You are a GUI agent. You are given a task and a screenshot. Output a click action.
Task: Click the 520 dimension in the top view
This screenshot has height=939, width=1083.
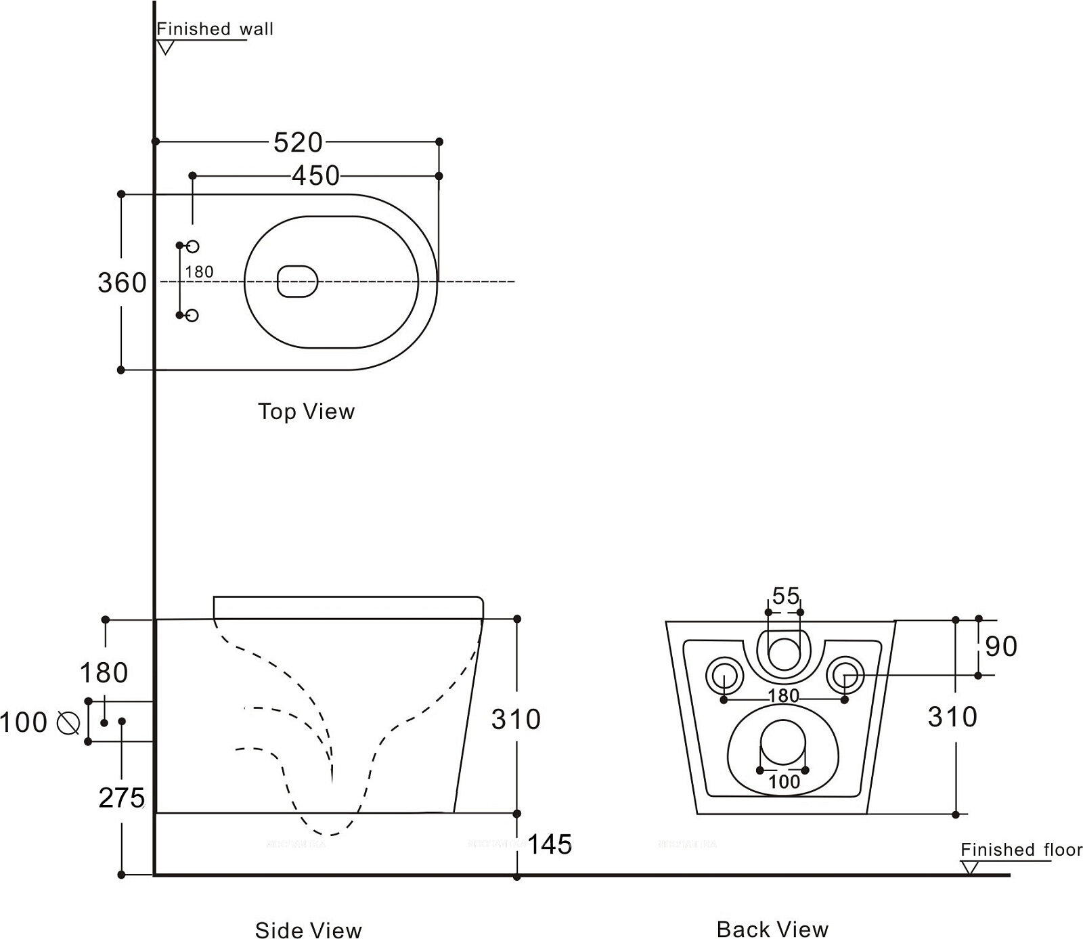tap(298, 142)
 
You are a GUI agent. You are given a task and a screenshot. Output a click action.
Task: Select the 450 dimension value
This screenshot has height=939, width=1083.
tap(315, 176)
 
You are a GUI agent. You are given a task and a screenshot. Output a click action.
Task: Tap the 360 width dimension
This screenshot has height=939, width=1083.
tap(122, 282)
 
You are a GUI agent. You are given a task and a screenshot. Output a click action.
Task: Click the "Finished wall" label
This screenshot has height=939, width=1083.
tap(215, 29)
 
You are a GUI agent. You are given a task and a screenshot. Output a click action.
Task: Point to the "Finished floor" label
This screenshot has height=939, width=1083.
tap(1021, 850)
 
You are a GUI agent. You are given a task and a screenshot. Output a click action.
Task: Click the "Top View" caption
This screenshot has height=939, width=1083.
tap(306, 412)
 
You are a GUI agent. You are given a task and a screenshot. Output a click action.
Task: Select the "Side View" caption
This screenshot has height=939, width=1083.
tap(308, 930)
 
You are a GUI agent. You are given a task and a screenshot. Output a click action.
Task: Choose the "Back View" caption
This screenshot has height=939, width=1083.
tap(772, 930)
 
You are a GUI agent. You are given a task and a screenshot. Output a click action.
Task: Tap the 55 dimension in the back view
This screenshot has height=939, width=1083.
tap(785, 596)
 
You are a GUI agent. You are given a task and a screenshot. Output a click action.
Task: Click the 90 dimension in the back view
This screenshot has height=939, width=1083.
tap(1001, 647)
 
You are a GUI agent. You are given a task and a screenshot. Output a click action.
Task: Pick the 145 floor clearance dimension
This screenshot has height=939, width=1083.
tap(550, 844)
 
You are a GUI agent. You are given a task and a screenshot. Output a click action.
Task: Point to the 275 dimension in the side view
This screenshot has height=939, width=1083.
tap(122, 798)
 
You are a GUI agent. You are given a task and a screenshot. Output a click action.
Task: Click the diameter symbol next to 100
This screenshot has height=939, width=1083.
tap(68, 722)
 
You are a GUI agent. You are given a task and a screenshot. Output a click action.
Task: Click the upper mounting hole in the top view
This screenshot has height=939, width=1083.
tap(192, 246)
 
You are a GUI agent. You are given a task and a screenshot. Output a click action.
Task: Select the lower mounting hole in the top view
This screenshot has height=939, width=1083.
tap(192, 315)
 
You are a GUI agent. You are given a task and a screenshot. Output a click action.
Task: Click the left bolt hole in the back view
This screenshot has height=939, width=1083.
tap(724, 675)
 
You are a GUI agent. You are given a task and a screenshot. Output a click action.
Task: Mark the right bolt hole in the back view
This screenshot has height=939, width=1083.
tap(845, 674)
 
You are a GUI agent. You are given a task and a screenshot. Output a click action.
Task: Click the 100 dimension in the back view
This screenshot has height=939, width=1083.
tap(784, 782)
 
